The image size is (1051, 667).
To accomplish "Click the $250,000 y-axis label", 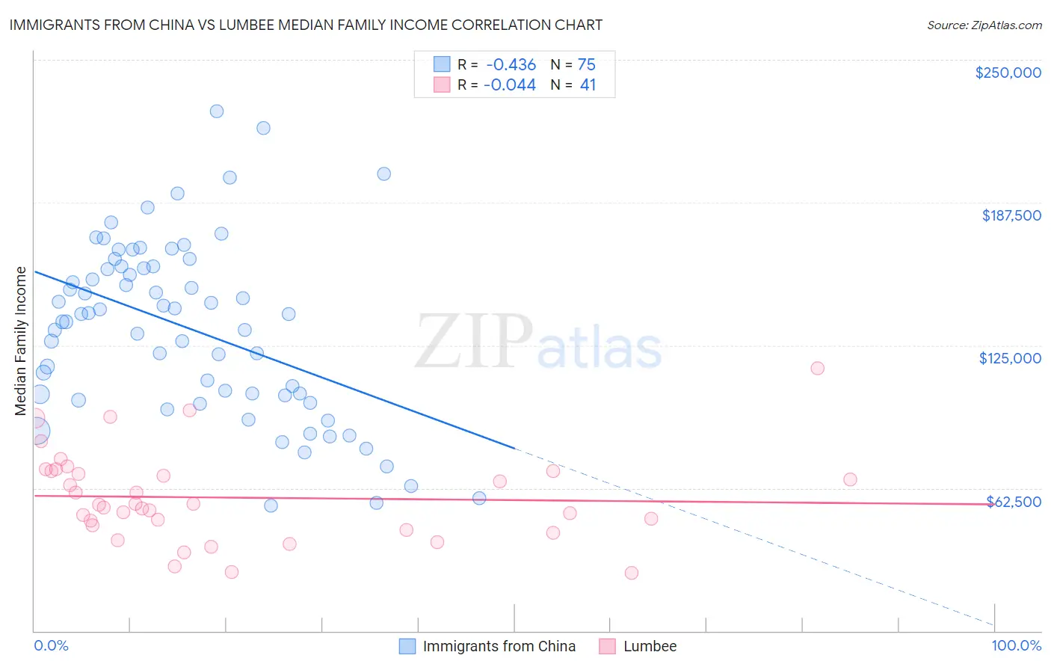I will [1008, 73].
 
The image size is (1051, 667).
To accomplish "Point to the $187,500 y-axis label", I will [1011, 215].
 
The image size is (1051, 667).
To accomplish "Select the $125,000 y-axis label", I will [1010, 358].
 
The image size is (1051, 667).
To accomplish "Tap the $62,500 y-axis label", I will [1014, 501].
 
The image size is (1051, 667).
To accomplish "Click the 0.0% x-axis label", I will [51, 645].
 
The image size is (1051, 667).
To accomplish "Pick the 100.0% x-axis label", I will [1016, 645].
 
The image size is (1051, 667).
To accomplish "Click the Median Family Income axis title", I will [20, 341].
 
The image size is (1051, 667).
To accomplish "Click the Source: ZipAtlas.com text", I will [984, 25].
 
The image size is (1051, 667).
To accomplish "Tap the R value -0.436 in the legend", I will [511, 64].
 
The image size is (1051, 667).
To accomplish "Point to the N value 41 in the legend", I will [588, 85].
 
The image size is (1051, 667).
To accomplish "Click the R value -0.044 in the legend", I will [510, 85].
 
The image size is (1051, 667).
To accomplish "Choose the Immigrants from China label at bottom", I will [499, 646].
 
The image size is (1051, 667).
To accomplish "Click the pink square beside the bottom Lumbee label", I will [607, 646].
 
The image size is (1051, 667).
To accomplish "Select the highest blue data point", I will [217, 111].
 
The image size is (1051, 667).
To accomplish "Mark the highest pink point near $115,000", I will [817, 368].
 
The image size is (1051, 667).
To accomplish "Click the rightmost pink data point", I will [850, 479].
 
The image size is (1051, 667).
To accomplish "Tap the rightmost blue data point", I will [479, 498].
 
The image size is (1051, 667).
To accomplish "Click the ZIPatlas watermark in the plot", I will [538, 342].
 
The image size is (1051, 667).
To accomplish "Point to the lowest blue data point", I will [271, 505].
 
